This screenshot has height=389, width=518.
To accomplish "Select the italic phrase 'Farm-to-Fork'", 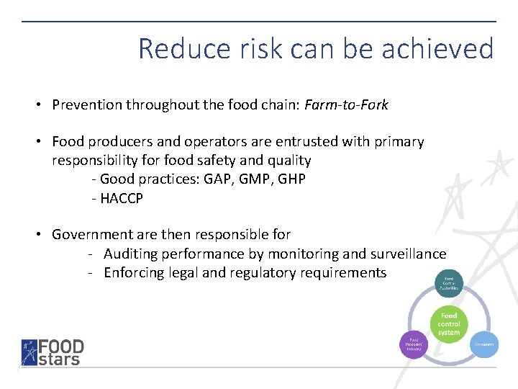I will [346, 105].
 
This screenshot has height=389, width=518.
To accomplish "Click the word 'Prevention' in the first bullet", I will [87, 105].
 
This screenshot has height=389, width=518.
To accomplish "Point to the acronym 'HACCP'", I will [122, 199].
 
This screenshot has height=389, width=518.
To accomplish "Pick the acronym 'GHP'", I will [291, 179].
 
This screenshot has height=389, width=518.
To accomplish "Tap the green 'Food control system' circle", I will [448, 324].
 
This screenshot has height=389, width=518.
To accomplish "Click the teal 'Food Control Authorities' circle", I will [448, 283].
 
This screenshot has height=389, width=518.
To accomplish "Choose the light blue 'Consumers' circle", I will [484, 344].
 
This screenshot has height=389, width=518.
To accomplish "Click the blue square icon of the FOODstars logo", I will [29, 352].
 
